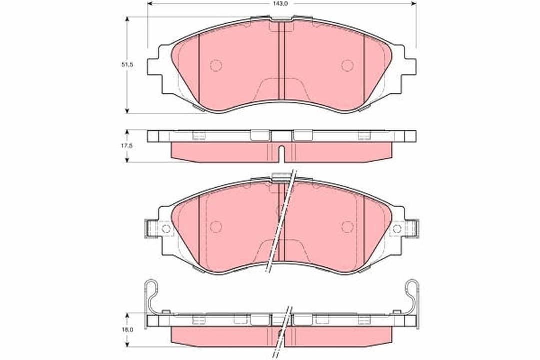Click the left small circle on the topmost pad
point(216,65)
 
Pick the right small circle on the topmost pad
point(347,65)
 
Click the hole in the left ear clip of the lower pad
point(166,229)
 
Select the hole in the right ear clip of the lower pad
point(397,229)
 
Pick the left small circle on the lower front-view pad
point(216,226)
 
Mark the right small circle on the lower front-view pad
point(347,226)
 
